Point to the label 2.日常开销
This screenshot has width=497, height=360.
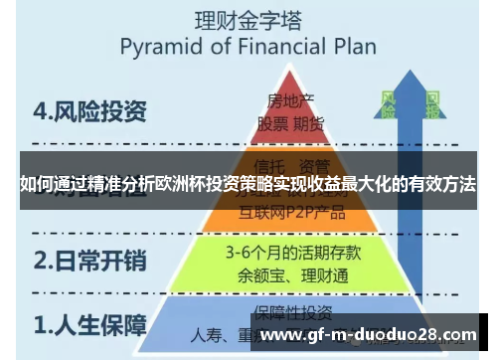(89, 262)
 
